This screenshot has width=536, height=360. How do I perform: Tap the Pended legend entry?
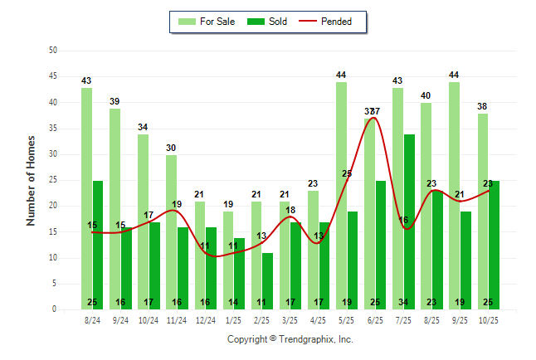331,22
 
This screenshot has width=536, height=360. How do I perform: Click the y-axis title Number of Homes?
32,180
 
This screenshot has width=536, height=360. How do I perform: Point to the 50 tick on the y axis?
53,51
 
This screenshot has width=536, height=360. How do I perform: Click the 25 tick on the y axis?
53,180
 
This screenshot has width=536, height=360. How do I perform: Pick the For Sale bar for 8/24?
86,198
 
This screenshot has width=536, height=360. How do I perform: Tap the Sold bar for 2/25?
267,281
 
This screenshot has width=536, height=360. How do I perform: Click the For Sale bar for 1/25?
228,260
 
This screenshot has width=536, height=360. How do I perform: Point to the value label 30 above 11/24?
171,148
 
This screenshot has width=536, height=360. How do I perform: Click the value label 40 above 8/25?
426,96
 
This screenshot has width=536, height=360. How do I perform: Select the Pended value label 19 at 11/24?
177,204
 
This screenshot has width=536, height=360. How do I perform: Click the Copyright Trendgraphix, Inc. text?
290,339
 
